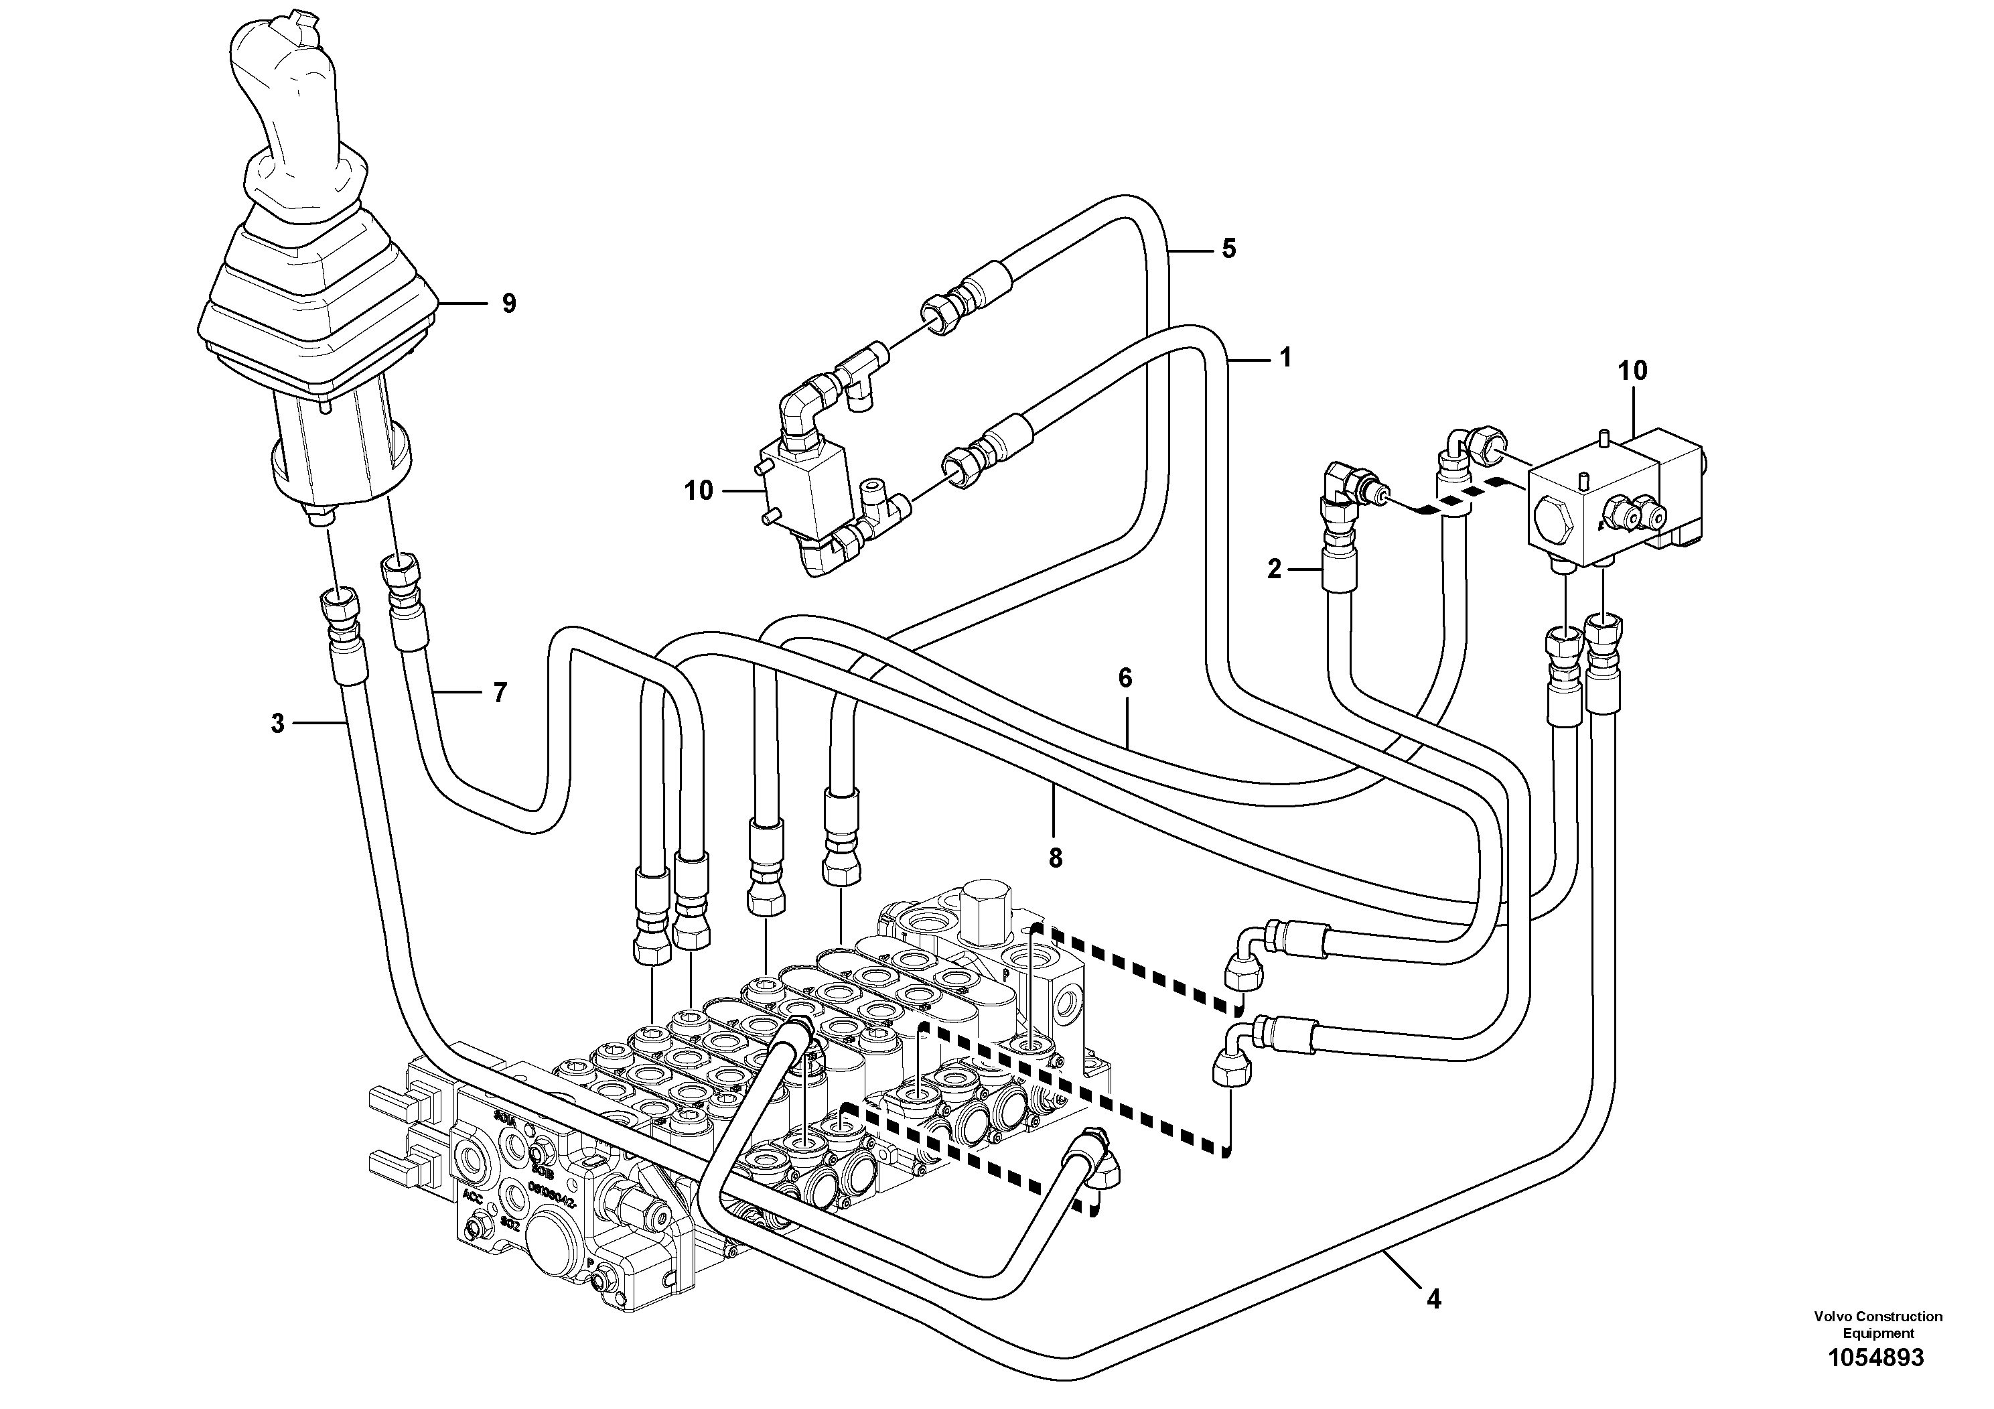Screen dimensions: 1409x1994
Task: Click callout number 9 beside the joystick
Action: click(508, 304)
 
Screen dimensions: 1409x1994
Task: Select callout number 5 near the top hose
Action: click(1228, 249)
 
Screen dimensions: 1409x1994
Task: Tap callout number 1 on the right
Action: click(1285, 358)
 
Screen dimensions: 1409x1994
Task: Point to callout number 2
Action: click(1274, 570)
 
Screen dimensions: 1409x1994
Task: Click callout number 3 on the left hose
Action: click(277, 723)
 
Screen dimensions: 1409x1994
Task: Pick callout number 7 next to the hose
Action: click(500, 693)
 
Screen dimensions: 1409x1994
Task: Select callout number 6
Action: click(1125, 679)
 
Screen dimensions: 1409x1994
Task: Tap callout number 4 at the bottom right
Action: click(1433, 1324)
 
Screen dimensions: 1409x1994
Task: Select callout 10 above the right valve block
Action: click(1632, 371)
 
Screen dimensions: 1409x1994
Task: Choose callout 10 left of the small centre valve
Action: click(697, 491)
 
